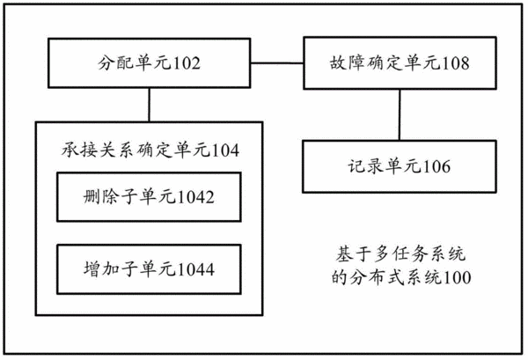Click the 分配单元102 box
150,63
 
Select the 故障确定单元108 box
400,63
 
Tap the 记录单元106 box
400,166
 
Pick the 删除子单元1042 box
150,197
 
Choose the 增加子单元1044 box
150,269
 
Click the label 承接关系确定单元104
150,151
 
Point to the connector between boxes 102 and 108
277,63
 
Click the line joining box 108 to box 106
400,114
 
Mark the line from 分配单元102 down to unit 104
150,105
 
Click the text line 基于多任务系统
400,254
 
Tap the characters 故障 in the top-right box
348,63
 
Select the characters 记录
365,166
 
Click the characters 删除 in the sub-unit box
101,197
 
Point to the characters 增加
101,269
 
